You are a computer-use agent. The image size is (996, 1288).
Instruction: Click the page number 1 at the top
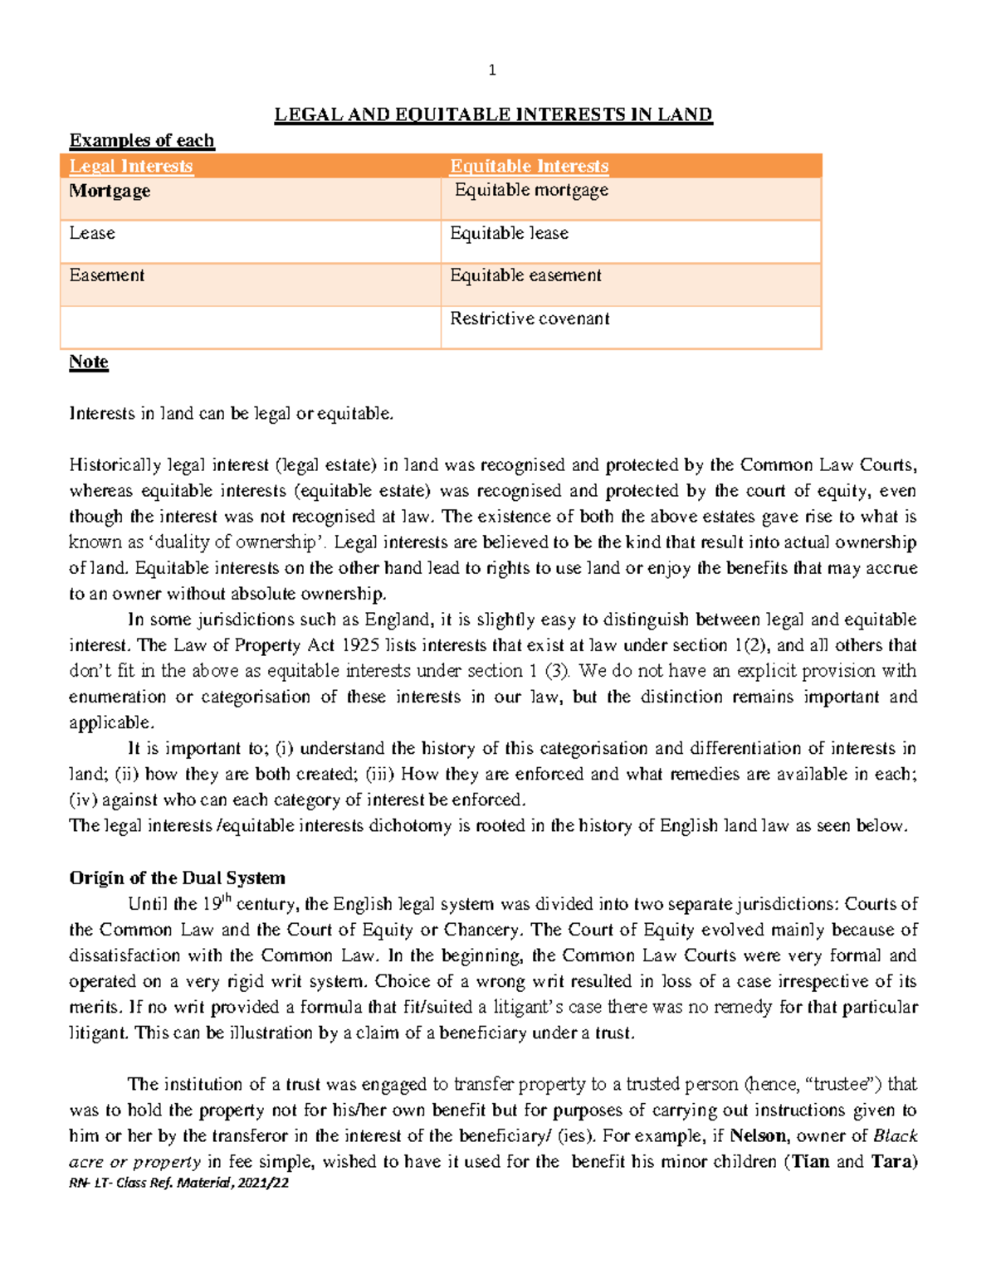click(x=492, y=70)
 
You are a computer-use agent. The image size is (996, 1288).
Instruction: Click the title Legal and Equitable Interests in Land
click(x=493, y=114)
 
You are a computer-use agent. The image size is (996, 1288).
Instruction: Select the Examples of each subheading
click(x=142, y=140)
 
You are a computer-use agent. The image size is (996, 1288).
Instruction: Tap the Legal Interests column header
click(x=130, y=167)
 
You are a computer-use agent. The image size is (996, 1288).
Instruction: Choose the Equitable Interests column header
click(x=529, y=167)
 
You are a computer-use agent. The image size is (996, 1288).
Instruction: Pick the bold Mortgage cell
click(x=110, y=191)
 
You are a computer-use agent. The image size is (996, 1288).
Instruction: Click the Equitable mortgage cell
click(x=531, y=191)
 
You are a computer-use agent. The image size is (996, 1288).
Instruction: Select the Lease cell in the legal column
click(x=92, y=233)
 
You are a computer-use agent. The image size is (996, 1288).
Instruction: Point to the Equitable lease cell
click(x=509, y=233)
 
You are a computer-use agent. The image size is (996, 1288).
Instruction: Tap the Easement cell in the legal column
click(x=107, y=275)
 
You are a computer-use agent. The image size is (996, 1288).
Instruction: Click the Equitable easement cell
click(x=525, y=275)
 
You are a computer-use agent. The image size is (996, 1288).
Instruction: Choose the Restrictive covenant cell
click(x=530, y=318)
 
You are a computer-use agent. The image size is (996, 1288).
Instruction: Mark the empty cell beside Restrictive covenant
click(x=250, y=327)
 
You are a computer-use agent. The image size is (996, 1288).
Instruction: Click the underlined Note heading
click(x=89, y=362)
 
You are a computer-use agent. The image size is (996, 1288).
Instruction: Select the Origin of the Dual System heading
click(x=177, y=877)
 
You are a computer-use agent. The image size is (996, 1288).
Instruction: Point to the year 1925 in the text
click(x=360, y=645)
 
